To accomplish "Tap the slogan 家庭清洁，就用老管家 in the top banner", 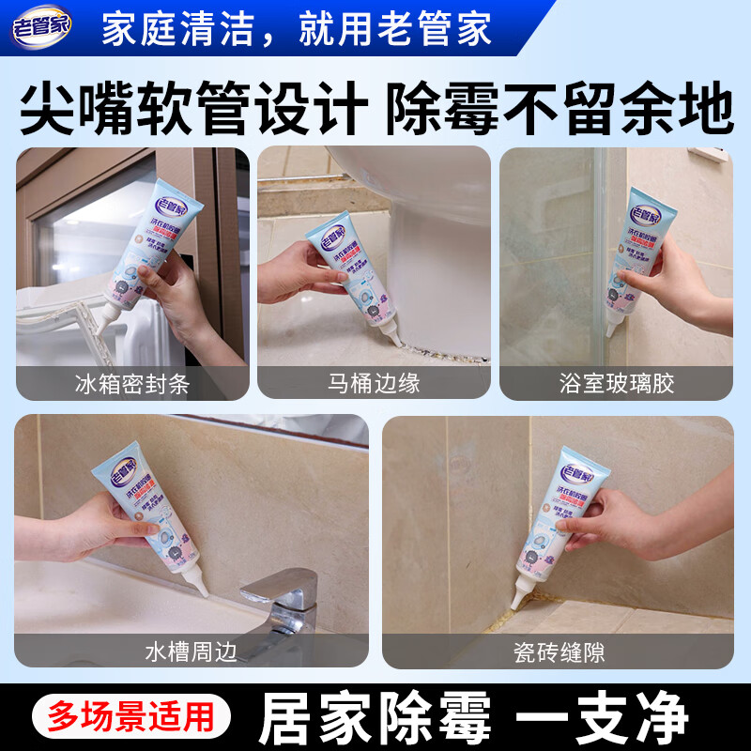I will [x=296, y=29].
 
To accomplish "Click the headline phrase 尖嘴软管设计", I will [x=192, y=110].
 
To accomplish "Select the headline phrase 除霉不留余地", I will [x=561, y=110].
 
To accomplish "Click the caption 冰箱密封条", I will [x=131, y=383].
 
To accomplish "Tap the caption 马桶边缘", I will [x=374, y=383].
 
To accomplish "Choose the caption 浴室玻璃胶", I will [x=616, y=383].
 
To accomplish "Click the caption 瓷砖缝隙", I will [x=558, y=650].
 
